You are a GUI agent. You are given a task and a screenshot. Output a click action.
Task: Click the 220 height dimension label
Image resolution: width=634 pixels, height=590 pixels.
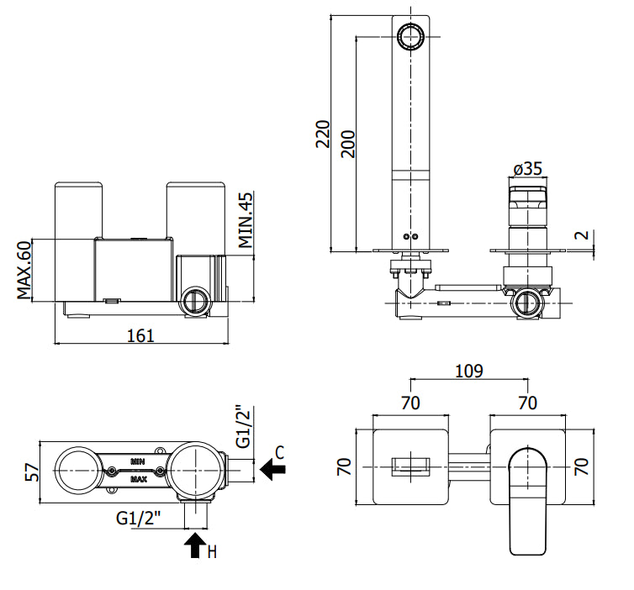coord(323,134)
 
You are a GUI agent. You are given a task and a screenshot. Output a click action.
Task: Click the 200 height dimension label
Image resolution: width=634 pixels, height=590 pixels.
coord(348,144)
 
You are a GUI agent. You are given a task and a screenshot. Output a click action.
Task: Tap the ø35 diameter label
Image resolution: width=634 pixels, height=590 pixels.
coord(528,169)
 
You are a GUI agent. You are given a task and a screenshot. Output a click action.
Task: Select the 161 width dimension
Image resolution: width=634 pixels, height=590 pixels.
coord(140,336)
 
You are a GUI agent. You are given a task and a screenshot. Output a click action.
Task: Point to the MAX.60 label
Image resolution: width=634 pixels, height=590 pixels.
coord(24,270)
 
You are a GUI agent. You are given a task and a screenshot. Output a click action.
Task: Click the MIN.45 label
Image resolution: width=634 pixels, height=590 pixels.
coord(246,220)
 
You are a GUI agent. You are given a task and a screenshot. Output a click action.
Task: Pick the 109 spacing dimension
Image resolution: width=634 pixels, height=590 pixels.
coord(469,371)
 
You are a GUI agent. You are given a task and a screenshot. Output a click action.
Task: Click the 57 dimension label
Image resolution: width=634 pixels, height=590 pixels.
coord(32,472)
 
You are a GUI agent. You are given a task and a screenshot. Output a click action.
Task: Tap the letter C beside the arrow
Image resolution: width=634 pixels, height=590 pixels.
coord(280,453)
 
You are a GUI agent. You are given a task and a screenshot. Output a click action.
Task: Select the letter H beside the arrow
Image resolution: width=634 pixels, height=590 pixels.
coord(212,551)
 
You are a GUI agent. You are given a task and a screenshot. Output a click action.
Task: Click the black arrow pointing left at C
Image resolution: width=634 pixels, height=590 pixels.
coord(272,469)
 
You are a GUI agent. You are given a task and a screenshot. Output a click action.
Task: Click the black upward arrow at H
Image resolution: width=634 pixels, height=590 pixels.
coord(195,545)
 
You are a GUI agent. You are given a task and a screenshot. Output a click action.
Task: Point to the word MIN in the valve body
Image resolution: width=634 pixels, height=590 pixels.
coord(137,461)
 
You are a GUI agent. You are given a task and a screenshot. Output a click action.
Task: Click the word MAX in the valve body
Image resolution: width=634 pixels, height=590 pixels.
coord(138,480)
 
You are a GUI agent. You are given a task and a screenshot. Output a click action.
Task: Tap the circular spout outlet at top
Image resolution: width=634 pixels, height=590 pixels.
coord(411,36)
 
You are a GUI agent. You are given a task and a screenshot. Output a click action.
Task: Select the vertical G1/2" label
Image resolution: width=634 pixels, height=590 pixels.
coord(244,426)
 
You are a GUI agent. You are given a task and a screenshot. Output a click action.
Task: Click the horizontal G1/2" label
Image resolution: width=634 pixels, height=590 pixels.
coord(139,518)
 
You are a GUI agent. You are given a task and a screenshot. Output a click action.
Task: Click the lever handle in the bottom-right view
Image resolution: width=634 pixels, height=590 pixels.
coord(527,501)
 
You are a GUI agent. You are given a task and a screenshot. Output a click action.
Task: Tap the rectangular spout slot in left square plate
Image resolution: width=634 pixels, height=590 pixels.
coord(410,466)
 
